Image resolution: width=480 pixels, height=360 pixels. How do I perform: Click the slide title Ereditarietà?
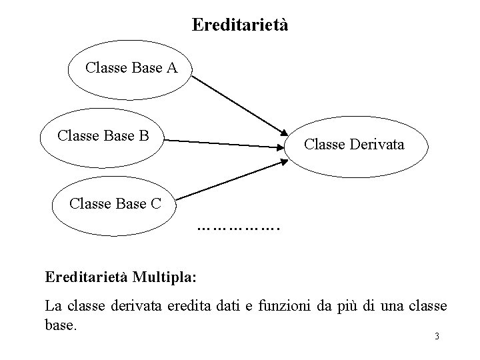pos(240,25)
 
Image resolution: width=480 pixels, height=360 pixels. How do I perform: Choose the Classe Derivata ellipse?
pos(353,144)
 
